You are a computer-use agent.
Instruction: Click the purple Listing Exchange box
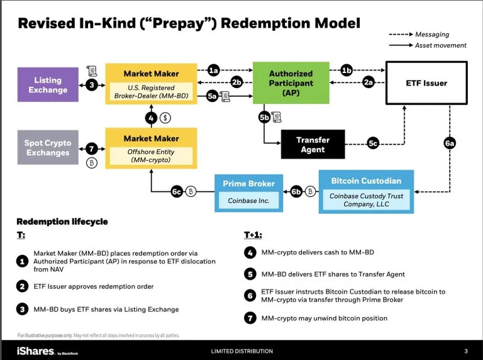point(48,84)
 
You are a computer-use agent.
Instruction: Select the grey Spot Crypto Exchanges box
point(48,147)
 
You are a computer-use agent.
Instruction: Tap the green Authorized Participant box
point(291,83)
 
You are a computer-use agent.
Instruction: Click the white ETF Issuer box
point(426,83)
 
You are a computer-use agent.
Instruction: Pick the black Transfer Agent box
point(313,144)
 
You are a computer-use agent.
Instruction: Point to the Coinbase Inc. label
point(248,201)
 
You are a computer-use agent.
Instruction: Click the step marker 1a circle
point(213,70)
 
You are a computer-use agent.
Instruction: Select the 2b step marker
point(236,82)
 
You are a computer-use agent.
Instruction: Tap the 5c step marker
point(373,143)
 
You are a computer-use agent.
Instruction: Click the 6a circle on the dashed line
point(450,143)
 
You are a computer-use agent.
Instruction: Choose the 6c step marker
point(177,192)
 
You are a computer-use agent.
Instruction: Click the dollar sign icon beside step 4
point(165,118)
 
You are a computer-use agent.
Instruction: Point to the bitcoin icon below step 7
point(91,162)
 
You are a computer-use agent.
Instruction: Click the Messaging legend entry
point(419,34)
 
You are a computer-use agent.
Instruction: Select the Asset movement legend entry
point(428,45)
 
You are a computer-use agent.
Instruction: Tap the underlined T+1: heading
point(253,235)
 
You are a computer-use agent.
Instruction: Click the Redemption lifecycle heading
point(62,222)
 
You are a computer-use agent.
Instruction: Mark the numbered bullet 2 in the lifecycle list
point(22,286)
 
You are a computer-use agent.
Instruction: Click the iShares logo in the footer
point(35,351)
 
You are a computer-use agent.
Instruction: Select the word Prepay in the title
point(180,23)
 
